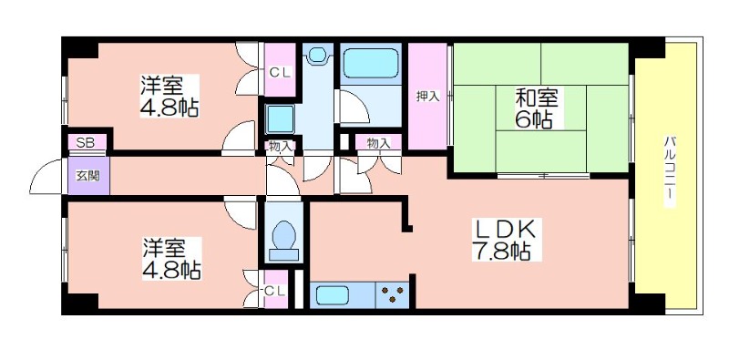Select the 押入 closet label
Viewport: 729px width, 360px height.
click(427, 97)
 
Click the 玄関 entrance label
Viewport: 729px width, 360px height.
click(87, 176)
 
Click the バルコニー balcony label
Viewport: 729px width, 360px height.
click(670, 171)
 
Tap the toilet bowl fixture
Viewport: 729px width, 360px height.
click(284, 240)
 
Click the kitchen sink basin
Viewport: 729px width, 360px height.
click(333, 295)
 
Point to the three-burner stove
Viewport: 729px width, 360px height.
click(393, 295)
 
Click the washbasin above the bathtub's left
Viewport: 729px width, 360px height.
click(317, 55)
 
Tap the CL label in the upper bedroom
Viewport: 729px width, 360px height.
click(281, 73)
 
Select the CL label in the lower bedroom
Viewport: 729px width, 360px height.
click(274, 291)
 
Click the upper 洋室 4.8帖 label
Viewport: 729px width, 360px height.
click(169, 96)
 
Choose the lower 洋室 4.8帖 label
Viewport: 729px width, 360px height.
click(171, 259)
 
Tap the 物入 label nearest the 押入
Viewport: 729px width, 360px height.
click(378, 143)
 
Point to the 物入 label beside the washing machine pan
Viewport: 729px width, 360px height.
click(281, 147)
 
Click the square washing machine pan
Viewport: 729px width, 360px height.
click(281, 118)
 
